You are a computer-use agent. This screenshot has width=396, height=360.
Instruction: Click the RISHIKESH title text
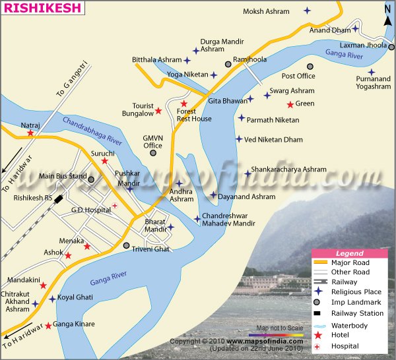pos(42,9)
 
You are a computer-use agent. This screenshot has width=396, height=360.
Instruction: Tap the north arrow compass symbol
pos(387,14)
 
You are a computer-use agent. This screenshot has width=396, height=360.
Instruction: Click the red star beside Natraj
pos(30,133)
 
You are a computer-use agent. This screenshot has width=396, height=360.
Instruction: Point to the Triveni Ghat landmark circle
pos(127,245)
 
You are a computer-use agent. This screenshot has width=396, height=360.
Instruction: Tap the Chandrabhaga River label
pos(92,131)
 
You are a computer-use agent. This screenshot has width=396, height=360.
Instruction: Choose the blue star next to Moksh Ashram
pos(307,11)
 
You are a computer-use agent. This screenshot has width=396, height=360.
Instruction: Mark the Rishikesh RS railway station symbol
pos(59,198)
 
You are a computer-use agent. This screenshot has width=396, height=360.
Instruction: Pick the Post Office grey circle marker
pos(310,67)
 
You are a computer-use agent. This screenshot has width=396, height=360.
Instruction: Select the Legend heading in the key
pos(349,253)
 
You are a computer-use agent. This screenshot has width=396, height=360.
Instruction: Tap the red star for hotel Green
pos(290,104)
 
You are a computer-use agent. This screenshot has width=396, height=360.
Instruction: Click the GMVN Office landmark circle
pos(153,153)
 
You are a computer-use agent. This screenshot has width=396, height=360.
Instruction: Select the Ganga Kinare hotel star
pos(48,325)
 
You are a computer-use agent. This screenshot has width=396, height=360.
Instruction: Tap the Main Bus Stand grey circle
pos(91,179)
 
